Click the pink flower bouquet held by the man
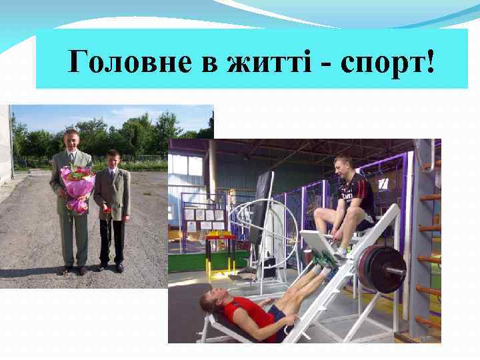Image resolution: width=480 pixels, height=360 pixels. pos(77,187)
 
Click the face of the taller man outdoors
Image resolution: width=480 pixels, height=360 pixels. pos(71,141)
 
